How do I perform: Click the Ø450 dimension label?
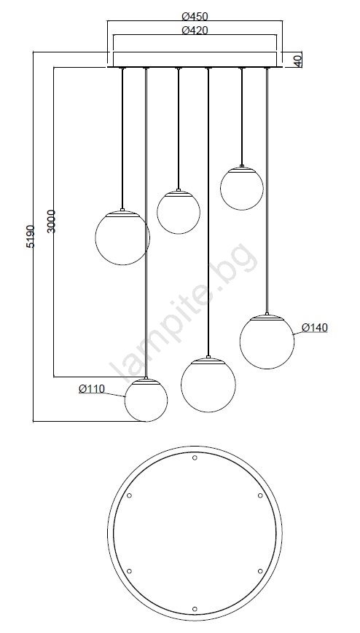[x=195, y=17]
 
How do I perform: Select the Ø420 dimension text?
[x=195, y=31]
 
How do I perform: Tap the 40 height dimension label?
[x=297, y=60]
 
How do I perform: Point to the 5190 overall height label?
[x=31, y=237]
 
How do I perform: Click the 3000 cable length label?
[x=51, y=221]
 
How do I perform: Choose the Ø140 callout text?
[x=315, y=327]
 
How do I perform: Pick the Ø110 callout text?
[x=92, y=389]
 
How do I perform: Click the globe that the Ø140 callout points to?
[x=267, y=341]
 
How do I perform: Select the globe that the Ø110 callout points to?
[x=146, y=400]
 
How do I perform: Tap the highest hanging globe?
[x=242, y=188]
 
